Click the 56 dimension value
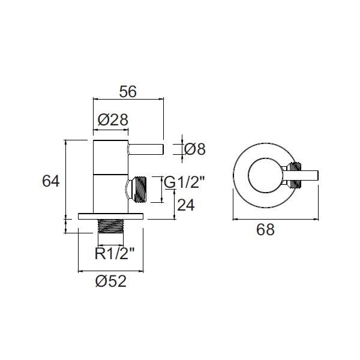[x=128, y=91]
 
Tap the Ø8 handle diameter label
[x=194, y=149]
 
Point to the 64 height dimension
[x=51, y=181]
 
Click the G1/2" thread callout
[x=184, y=183]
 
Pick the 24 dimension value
[x=186, y=205]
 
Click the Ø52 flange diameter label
[x=111, y=281]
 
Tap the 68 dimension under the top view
[x=265, y=230]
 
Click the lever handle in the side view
[x=146, y=149]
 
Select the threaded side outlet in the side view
[x=137, y=190]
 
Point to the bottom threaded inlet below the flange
[x=111, y=226]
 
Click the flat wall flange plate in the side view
[x=110, y=216]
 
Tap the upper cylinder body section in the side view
[x=110, y=157]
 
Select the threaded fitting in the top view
[x=296, y=175]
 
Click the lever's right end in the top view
[x=318, y=175]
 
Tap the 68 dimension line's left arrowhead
[x=235, y=220]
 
